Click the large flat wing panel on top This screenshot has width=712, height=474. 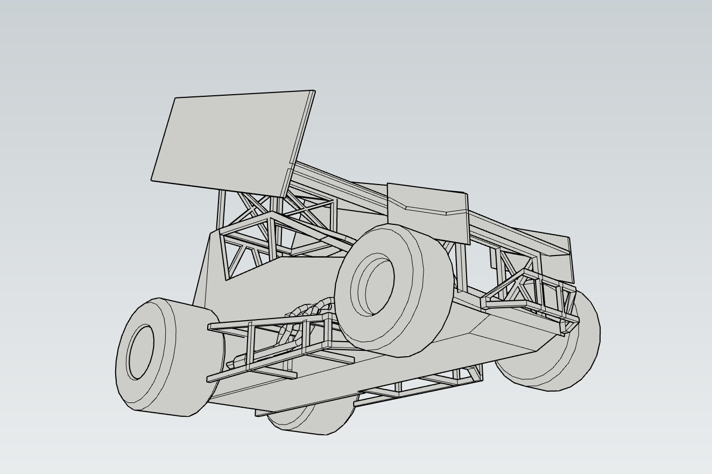(226, 140)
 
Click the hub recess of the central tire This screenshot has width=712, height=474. (377, 285)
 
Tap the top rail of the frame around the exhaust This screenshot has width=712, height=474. (269, 322)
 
